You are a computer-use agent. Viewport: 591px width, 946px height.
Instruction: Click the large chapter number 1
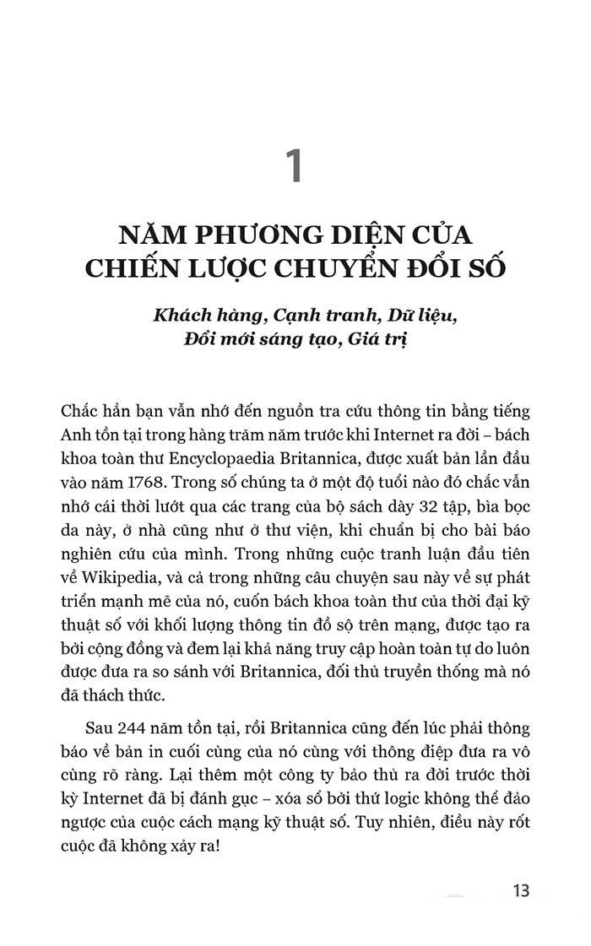coord(294,165)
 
